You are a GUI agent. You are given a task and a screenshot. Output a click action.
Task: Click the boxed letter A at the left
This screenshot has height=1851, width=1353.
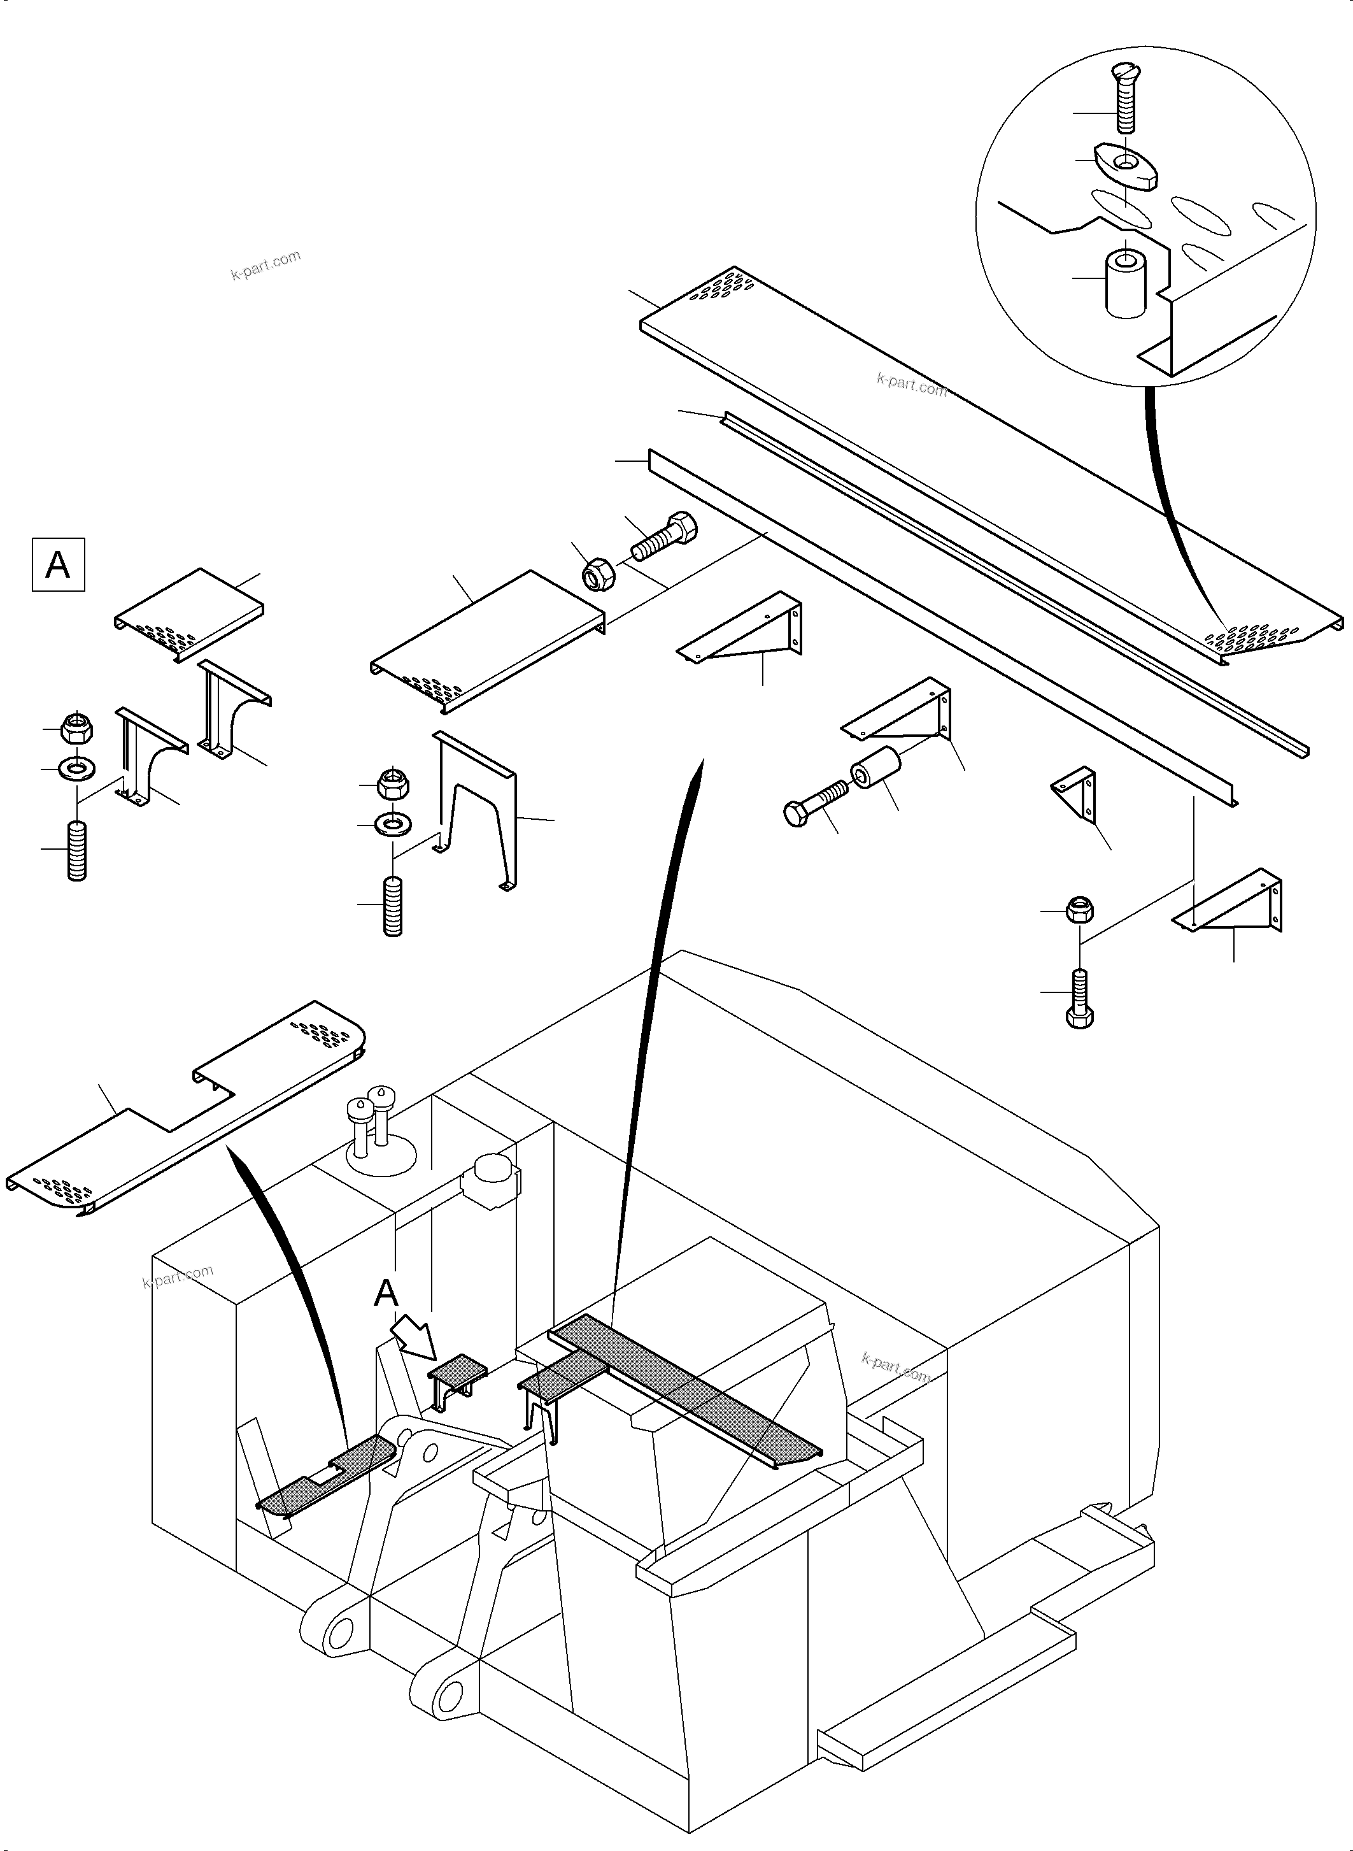(57, 564)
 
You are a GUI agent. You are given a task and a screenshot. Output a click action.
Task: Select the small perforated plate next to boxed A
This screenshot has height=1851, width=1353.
(190, 613)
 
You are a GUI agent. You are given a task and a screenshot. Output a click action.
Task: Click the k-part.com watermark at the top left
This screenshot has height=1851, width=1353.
(266, 265)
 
